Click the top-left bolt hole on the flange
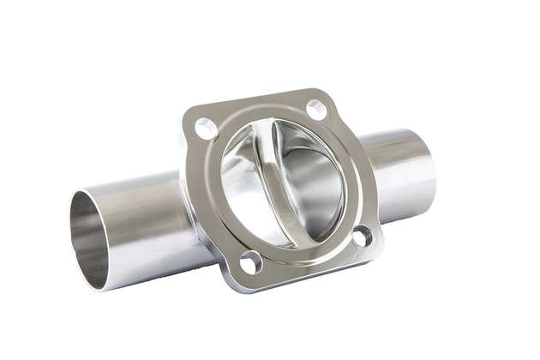pyautogui.click(x=207, y=129)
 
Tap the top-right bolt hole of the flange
pyautogui.click(x=315, y=109)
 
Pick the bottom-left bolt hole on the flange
pyautogui.click(x=251, y=262)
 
